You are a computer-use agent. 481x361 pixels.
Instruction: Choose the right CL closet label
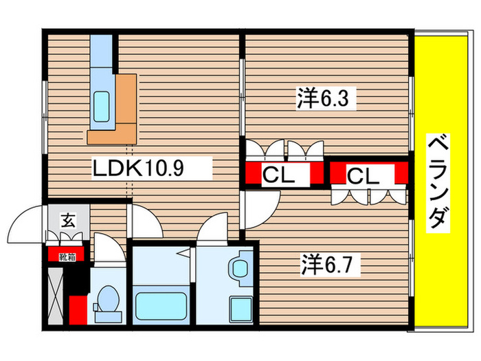click(x=363, y=176)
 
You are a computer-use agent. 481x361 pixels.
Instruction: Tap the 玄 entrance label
click(x=69, y=221)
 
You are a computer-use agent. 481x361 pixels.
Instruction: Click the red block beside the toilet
click(x=78, y=309)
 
